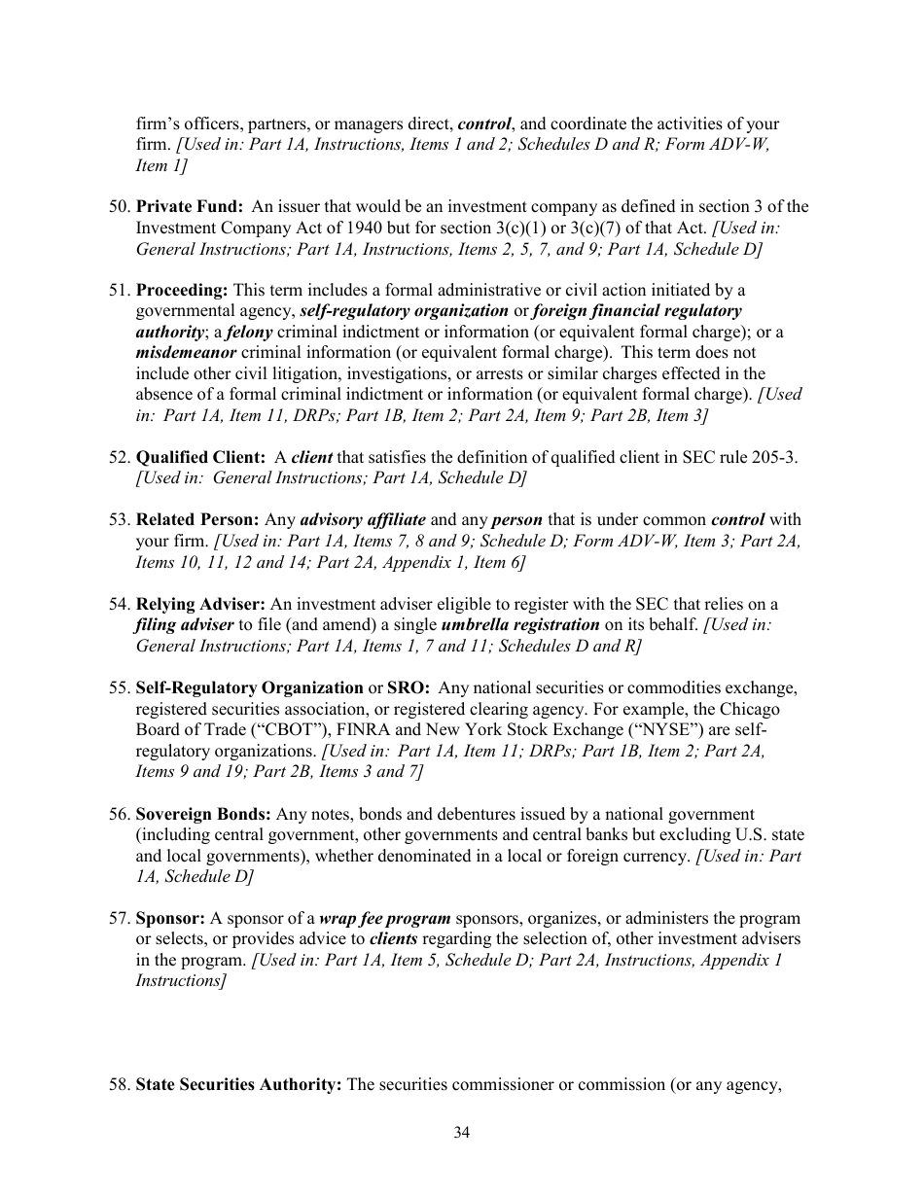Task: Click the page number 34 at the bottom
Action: (x=462, y=1132)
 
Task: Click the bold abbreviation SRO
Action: (x=409, y=688)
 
